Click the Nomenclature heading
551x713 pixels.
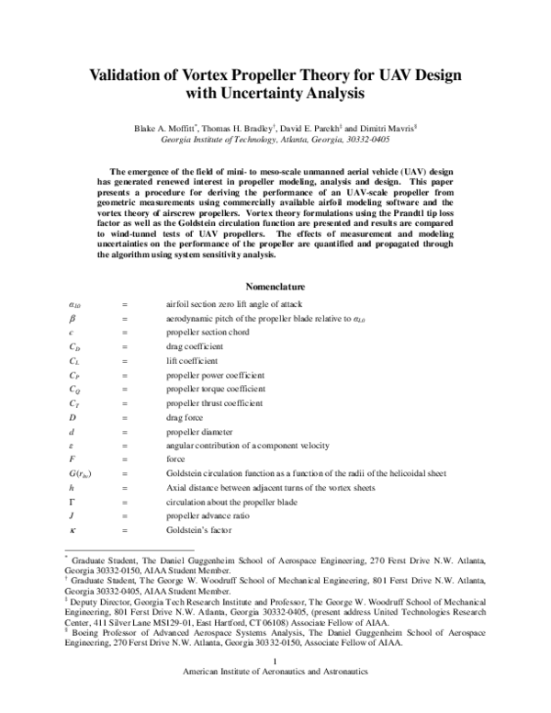[275, 286]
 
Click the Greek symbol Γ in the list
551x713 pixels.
[73, 503]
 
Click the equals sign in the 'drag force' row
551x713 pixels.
[124, 417]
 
